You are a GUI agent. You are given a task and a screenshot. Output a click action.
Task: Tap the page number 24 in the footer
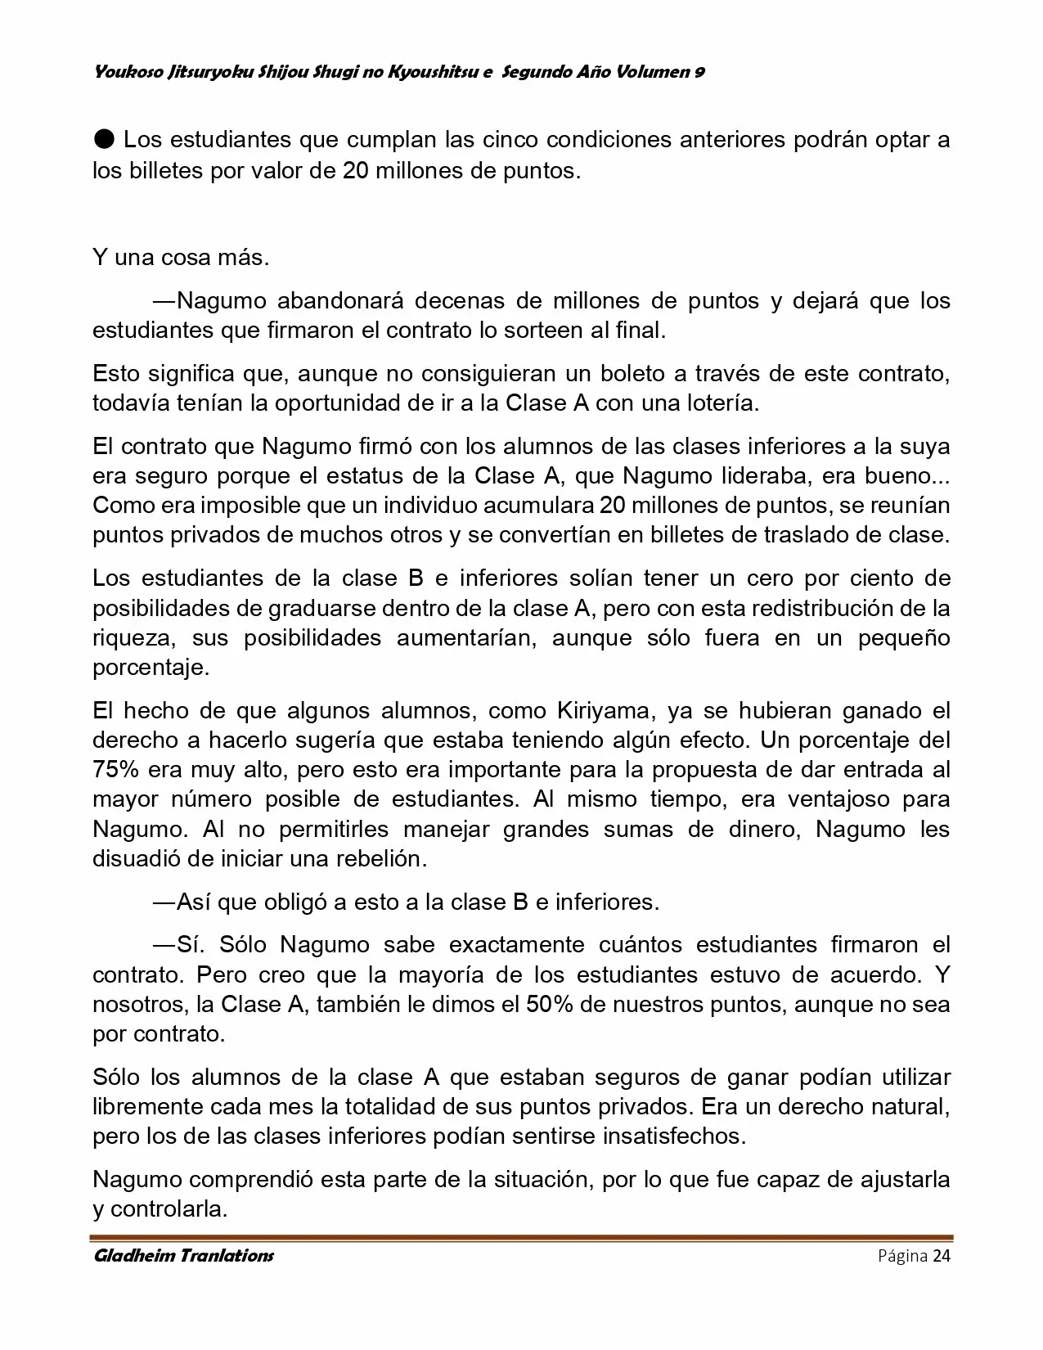941,1256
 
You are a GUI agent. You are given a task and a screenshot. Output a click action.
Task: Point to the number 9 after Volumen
699,72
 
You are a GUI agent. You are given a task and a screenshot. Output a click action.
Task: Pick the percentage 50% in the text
549,1004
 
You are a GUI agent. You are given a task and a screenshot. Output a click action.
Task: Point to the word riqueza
133,637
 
